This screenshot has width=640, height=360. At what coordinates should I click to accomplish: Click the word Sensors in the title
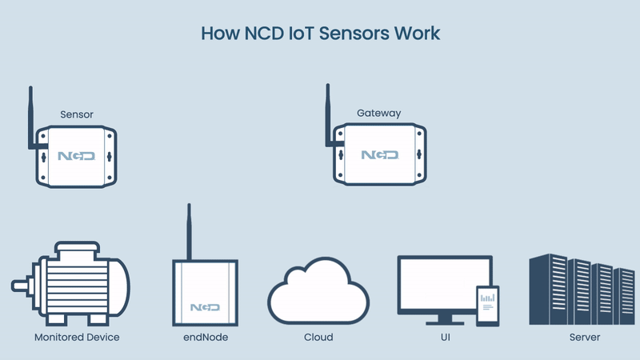(x=354, y=33)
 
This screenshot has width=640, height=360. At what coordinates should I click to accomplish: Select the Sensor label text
(x=77, y=114)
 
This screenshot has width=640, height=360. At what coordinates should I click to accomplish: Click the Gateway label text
(x=378, y=113)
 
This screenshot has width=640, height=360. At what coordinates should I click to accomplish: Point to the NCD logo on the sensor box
(x=76, y=156)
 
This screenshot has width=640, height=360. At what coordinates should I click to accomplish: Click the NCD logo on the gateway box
(x=379, y=154)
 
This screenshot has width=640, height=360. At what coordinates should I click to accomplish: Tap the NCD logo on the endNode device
(x=205, y=307)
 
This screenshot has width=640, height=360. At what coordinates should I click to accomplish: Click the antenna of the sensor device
(x=30, y=118)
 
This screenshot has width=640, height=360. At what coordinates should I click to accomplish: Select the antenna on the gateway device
(x=328, y=115)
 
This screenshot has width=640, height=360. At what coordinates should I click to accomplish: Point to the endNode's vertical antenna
(x=189, y=231)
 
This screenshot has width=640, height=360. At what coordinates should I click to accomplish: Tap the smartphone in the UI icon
(x=488, y=306)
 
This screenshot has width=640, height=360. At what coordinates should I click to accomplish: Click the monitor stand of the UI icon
(x=445, y=319)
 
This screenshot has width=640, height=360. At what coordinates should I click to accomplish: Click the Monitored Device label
(x=77, y=337)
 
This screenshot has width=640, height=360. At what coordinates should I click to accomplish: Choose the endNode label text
(x=206, y=337)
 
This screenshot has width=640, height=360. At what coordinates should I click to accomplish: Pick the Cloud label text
(x=318, y=337)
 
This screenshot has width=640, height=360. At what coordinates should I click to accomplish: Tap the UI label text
(x=446, y=337)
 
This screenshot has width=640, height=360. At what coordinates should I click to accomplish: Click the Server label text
(x=585, y=337)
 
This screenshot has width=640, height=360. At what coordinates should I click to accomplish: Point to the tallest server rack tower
(x=548, y=289)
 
